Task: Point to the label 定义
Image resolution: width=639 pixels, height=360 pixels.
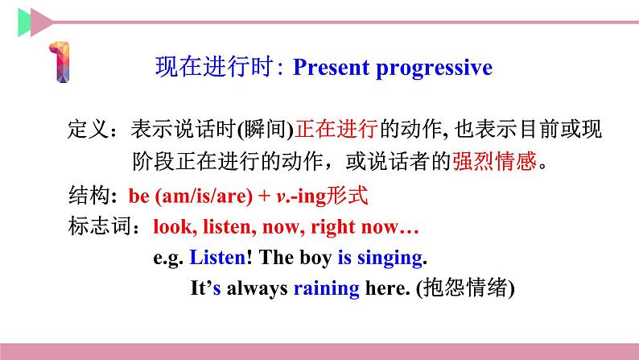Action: tap(86, 130)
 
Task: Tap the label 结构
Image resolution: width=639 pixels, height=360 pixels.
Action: tap(86, 196)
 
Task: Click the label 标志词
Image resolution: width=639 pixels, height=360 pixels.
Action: tap(94, 228)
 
